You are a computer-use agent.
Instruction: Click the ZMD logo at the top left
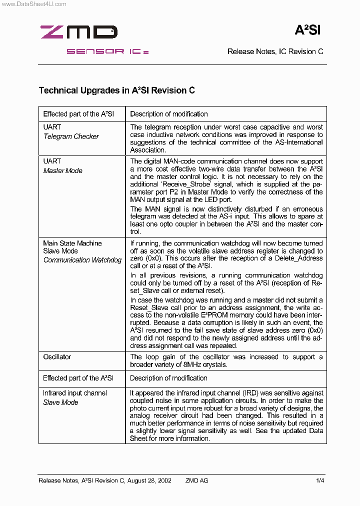pyautogui.click(x=78, y=32)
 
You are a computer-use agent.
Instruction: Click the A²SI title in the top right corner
pyautogui.click(x=307, y=30)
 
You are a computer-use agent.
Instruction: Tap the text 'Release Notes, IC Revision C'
pyautogui.click(x=275, y=51)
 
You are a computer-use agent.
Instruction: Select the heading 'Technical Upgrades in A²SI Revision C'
pyautogui.click(x=116, y=90)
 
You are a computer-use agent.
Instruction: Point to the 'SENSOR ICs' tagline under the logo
pyautogui.click(x=107, y=51)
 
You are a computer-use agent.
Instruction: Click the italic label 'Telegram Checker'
pyautogui.click(x=71, y=136)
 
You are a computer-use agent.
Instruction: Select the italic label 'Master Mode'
pyautogui.click(x=62, y=170)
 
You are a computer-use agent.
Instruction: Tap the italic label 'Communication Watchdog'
pyautogui.click(x=82, y=260)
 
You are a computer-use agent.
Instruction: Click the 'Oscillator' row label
pyautogui.click(x=57, y=357)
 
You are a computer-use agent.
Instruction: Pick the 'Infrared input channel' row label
pyautogui.click(x=74, y=393)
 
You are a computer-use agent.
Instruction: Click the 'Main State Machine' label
pyautogui.click(x=72, y=243)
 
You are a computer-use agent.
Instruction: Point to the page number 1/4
pyautogui.click(x=320, y=480)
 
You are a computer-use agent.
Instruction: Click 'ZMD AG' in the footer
pyautogui.click(x=196, y=480)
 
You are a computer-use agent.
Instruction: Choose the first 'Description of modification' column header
pyautogui.click(x=168, y=114)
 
